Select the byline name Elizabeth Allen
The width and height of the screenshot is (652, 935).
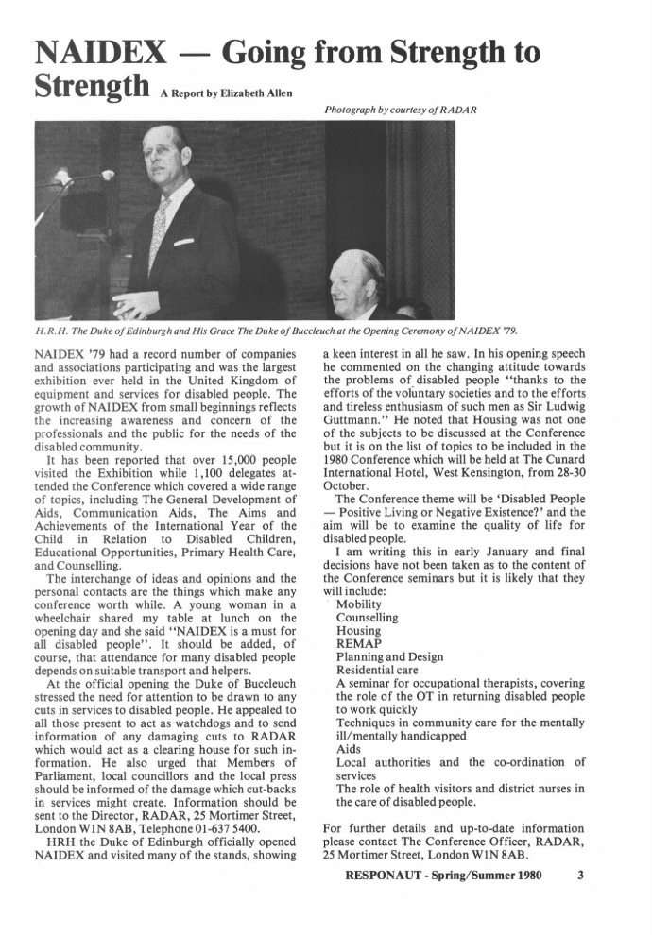[x=254, y=94]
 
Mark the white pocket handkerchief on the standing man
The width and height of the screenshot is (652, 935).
[x=184, y=243]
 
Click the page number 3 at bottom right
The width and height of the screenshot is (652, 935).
[x=580, y=874]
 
